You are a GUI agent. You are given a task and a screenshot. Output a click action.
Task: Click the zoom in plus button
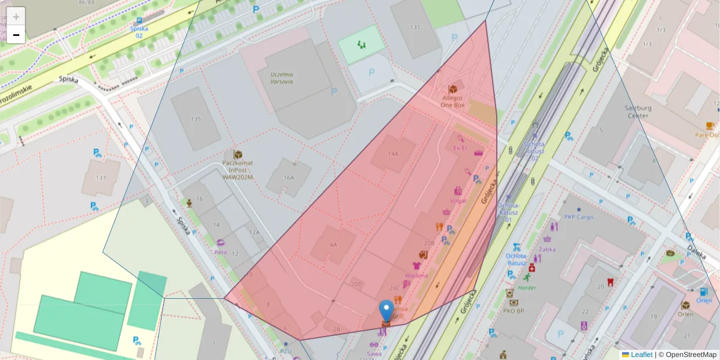coord(16,16)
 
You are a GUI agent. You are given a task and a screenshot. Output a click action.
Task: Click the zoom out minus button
coord(16,35)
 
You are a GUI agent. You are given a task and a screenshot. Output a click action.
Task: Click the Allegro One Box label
coord(452,101)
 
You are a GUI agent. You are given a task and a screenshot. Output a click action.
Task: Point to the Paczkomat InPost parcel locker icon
coord(238,155)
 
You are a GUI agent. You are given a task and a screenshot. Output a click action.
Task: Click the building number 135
coord(196,119)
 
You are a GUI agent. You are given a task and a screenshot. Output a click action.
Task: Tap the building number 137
coord(100,178)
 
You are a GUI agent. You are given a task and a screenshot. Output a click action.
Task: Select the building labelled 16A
coord(289,178)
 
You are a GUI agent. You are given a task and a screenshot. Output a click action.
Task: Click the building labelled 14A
coord(392,154)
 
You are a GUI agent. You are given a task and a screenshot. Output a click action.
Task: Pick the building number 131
coord(415,27)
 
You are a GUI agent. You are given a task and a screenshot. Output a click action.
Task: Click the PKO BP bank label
coord(514,311)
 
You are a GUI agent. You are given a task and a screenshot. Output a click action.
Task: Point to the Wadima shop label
coord(416,275)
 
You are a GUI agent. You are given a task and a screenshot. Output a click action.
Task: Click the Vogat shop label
coord(458,201)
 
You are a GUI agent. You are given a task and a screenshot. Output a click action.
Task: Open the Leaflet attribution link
coord(641,355)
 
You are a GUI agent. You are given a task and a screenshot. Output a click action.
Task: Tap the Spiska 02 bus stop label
coord(139,31)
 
